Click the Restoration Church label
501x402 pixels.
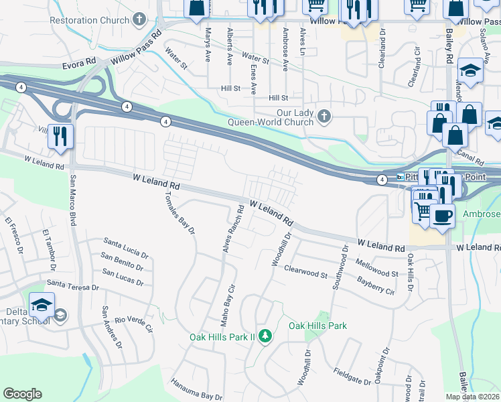pyautogui.click(x=89, y=20)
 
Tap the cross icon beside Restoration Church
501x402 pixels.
pyautogui.click(x=140, y=19)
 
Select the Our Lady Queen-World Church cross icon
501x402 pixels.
pyautogui.click(x=324, y=117)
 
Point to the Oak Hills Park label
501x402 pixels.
pyautogui.click(x=317, y=326)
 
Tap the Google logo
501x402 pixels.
pyautogui.click(x=22, y=394)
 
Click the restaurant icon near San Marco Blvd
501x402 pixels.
pyautogui.click(x=60, y=137)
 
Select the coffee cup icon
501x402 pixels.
pyautogui.click(x=441, y=216)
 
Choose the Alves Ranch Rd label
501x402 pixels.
pyautogui.click(x=232, y=230)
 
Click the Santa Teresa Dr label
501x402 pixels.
pyautogui.click(x=73, y=286)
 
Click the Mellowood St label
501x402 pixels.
pyautogui.click(x=377, y=268)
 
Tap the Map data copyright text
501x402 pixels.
pyautogui.click(x=473, y=397)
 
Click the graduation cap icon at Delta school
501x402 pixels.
pyautogui.click(x=42, y=304)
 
